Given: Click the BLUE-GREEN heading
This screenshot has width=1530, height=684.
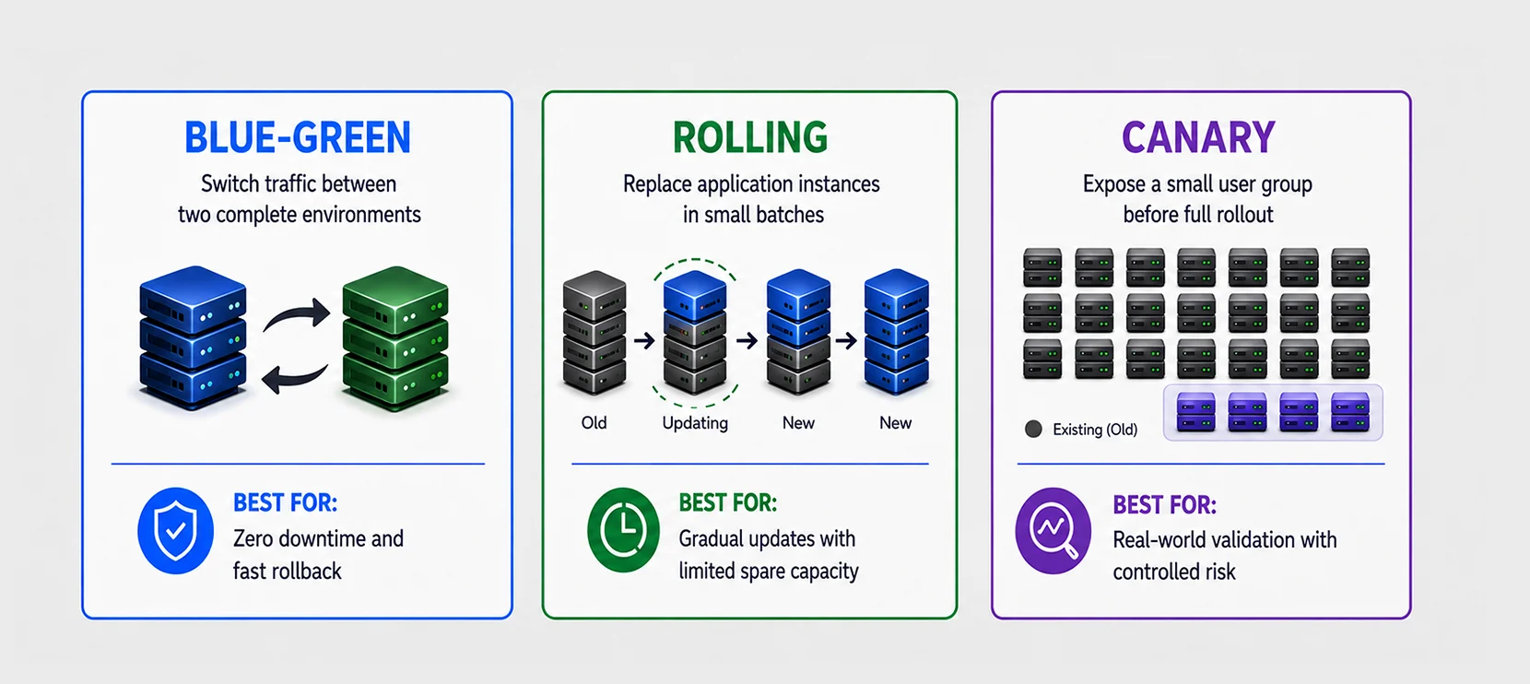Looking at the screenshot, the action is pos(298,137).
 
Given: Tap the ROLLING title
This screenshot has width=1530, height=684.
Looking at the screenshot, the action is pos(750,137).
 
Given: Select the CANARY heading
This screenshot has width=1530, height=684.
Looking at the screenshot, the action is pos(1198,137).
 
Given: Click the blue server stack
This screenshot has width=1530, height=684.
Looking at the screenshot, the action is pos(193,337).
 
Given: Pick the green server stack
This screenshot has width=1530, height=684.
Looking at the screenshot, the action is pos(395,338).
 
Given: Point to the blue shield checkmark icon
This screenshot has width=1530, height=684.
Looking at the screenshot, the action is pos(175,531).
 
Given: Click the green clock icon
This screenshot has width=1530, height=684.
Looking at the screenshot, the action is pos(623,529).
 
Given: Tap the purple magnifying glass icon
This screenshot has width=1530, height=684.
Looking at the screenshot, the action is pos(1053,530).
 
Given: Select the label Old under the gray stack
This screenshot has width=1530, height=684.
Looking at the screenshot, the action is pos(594,423).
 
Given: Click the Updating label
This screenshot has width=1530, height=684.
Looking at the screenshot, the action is pos(695,424).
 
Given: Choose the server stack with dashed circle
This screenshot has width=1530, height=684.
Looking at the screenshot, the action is pos(695,333).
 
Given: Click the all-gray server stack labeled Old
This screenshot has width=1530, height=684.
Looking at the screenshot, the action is pos(594,333).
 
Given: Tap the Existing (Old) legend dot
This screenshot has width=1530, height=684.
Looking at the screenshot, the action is pos(1033,430).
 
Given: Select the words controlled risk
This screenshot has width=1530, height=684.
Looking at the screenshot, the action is pos(1174,572).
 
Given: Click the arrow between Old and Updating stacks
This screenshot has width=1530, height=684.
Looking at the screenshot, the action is pos(645,339).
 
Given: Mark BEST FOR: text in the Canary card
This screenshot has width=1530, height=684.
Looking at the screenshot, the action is pos(1165,505).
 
